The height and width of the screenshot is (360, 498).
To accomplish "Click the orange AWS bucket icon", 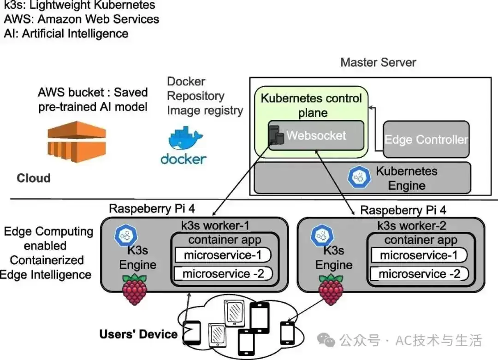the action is click(77, 142).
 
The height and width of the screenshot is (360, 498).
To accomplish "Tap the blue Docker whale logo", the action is click(185, 138).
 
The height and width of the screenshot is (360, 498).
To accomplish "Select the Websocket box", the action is click(316, 135).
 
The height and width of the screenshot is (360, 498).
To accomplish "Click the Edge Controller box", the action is click(426, 139).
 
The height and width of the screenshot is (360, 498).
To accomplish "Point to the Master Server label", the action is click(378, 62).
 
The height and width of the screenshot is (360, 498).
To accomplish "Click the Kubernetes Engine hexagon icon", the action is click(359, 177).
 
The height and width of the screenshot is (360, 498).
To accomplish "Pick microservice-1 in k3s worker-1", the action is click(223, 255).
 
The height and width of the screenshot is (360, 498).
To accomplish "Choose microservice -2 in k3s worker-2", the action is click(419, 274).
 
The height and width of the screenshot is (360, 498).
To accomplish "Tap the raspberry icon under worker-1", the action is click(135, 289).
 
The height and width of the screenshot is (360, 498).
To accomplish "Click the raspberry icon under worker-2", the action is click(331, 290).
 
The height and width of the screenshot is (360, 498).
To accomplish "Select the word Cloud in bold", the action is click(34, 178).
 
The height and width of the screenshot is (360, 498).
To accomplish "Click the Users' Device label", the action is click(138, 334).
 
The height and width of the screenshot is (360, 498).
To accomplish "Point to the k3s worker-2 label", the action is click(412, 226).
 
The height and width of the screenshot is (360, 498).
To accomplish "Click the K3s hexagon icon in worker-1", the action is click(126, 235).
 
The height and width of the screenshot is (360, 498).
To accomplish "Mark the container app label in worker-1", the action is click(225, 240).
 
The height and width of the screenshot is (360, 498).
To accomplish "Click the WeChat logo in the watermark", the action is click(326, 340).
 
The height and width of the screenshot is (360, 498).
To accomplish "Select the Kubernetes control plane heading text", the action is click(311, 106).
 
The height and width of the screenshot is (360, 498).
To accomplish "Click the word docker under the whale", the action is click(184, 159).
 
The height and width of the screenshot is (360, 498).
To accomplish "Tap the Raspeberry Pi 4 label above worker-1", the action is click(152, 208).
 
